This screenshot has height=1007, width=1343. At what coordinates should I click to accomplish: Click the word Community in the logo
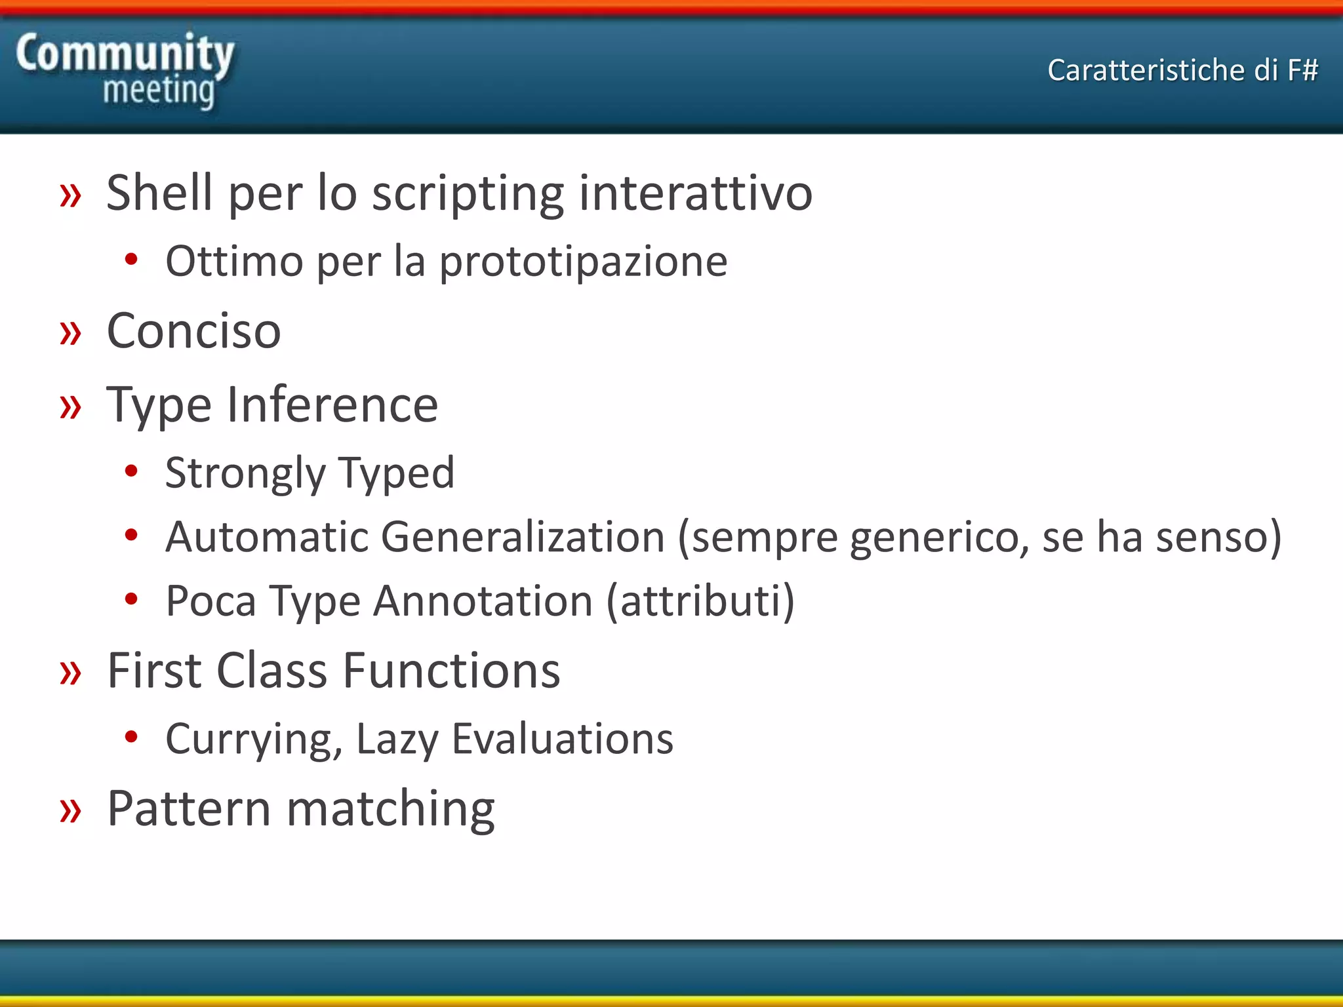[x=125, y=54]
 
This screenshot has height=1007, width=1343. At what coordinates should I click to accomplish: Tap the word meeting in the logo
[x=159, y=90]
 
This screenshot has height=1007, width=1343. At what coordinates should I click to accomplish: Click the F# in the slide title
[x=1302, y=70]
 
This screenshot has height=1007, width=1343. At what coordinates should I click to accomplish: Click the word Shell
[x=159, y=193]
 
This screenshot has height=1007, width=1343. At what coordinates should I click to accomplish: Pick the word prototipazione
[x=583, y=262]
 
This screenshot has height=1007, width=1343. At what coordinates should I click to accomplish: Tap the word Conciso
[x=193, y=330]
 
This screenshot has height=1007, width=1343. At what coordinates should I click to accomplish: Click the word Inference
[x=332, y=405]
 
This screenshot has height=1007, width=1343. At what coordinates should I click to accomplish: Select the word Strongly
[x=245, y=473]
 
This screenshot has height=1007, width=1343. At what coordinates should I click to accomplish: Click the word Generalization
[x=523, y=537]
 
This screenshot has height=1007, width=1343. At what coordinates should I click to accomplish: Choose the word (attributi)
[x=700, y=601]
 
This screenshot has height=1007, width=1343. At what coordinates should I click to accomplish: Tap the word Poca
[x=210, y=601]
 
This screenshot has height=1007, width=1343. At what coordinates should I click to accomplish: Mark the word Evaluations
[x=562, y=739]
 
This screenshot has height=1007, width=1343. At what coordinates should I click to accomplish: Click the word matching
[x=391, y=809]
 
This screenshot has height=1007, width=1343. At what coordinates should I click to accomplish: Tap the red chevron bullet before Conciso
[x=70, y=333]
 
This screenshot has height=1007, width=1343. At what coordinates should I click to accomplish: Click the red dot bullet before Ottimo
[x=131, y=260]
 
